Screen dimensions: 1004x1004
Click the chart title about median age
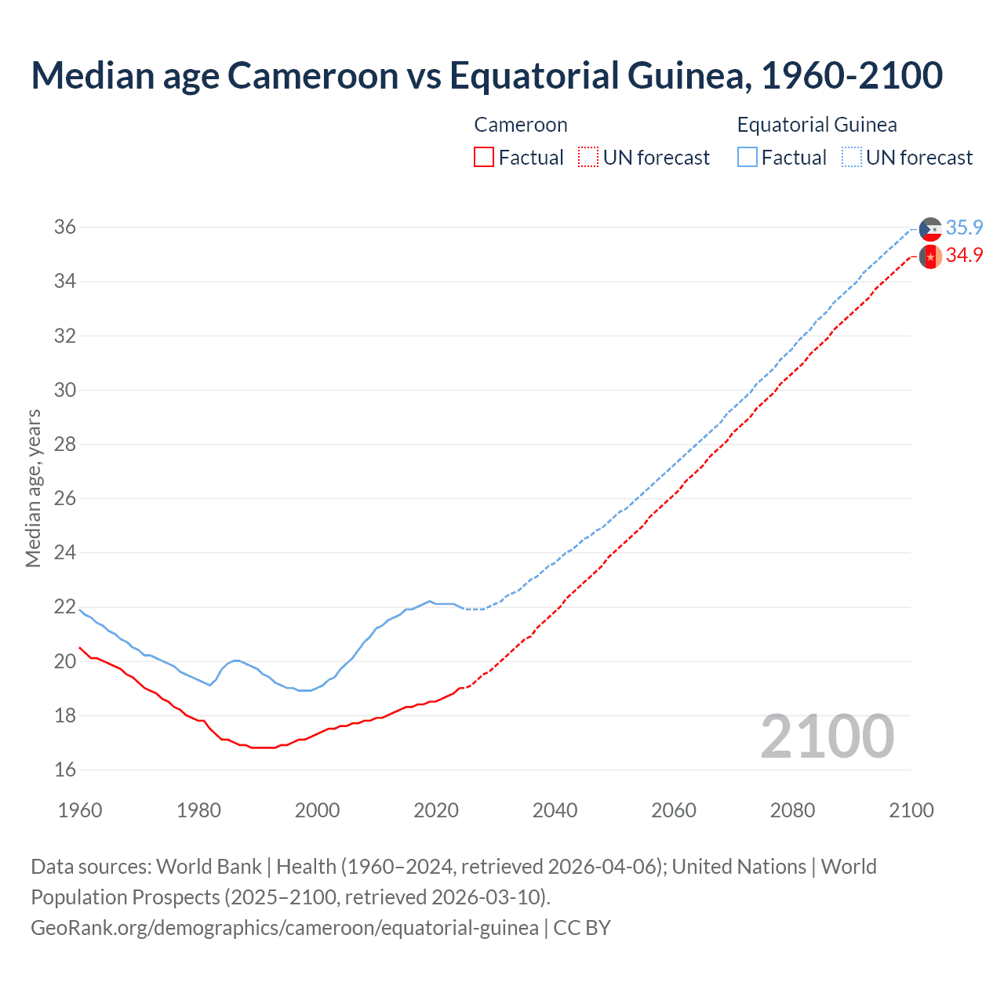click(x=486, y=75)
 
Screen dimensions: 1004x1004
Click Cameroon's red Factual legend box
click(x=484, y=158)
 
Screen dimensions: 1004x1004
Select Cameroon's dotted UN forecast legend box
click(x=588, y=158)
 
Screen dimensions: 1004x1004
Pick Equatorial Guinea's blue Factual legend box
click(x=748, y=158)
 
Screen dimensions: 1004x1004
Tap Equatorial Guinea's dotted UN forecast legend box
click(x=852, y=158)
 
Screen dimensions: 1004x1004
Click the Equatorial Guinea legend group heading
click(x=817, y=125)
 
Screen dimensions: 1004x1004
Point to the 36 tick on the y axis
click(x=65, y=227)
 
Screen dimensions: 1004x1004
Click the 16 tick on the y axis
click(x=65, y=770)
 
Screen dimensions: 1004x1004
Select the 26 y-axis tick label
click(x=65, y=499)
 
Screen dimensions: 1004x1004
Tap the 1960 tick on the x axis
click(x=80, y=810)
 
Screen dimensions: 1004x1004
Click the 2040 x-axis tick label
click(x=555, y=810)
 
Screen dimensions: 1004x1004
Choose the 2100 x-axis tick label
click(x=911, y=810)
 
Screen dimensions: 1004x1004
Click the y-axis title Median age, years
click(x=33, y=488)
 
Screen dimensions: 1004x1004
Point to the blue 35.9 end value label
click(x=964, y=227)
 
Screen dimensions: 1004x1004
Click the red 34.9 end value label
click(x=964, y=256)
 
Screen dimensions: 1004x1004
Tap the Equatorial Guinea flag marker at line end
click(x=930, y=229)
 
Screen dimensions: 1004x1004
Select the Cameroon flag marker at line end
click(x=930, y=256)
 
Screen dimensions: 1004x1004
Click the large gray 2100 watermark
click(x=827, y=736)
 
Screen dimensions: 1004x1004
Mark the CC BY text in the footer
click(x=582, y=928)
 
